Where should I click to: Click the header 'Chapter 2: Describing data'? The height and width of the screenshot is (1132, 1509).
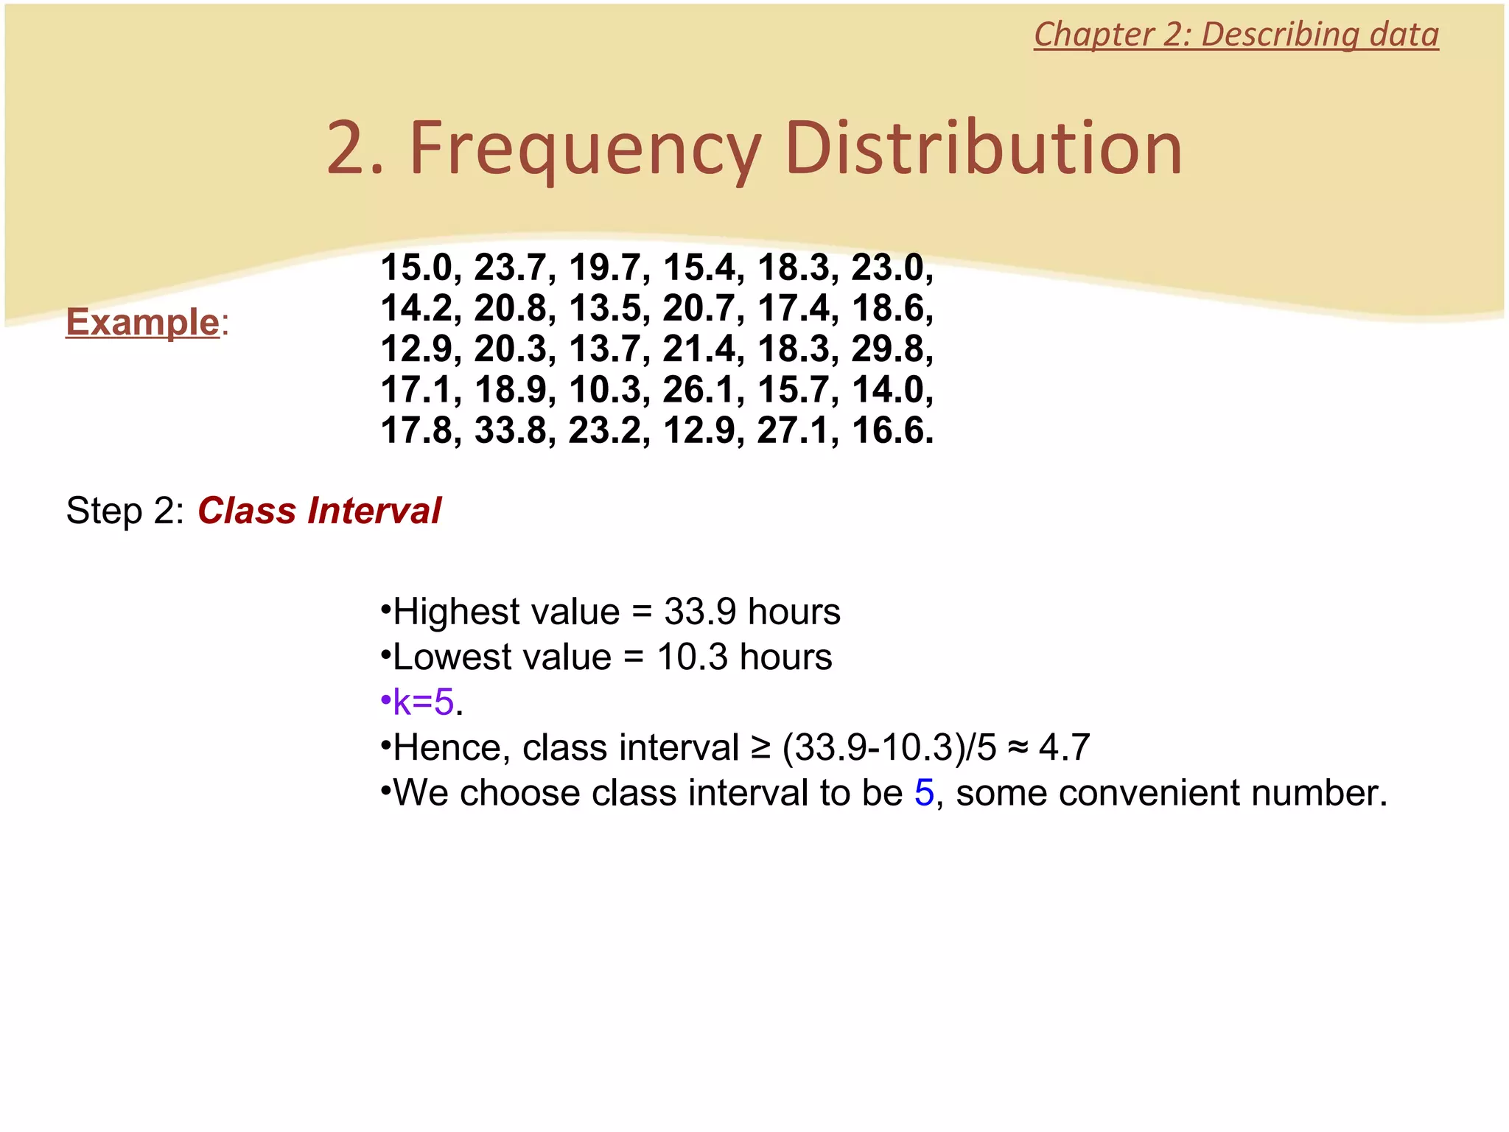[1236, 35]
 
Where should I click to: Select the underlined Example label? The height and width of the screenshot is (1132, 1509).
[143, 322]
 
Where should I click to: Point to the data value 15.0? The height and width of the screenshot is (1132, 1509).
[416, 268]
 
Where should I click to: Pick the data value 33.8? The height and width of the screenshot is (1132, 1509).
[510, 430]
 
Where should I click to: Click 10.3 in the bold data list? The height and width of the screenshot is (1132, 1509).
[604, 390]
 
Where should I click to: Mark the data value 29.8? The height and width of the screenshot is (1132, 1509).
[887, 349]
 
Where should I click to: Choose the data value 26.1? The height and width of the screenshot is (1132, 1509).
[699, 390]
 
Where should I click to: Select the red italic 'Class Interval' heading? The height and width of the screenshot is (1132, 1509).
[319, 511]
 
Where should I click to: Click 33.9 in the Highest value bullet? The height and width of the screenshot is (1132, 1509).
[699, 612]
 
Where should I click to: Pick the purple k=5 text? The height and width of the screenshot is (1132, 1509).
[424, 702]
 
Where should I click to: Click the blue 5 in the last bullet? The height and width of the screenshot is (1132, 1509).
[924, 793]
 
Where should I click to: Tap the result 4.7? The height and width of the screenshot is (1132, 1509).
[1063, 748]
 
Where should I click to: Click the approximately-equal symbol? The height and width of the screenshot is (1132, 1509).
[1017, 749]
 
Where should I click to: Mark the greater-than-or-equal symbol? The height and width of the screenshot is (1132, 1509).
[760, 749]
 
